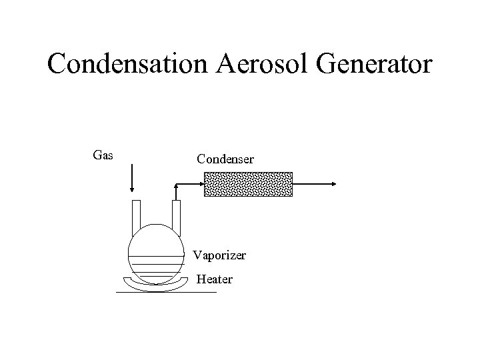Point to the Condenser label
[x=225, y=159]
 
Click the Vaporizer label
[x=219, y=255]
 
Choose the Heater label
[x=215, y=279]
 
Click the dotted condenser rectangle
[x=247, y=183]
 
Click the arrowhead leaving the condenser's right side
[x=333, y=183]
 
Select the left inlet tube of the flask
[x=137, y=213]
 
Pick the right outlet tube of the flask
[x=177, y=213]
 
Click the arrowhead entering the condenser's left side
[x=199, y=183]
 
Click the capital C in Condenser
[x=201, y=159]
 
